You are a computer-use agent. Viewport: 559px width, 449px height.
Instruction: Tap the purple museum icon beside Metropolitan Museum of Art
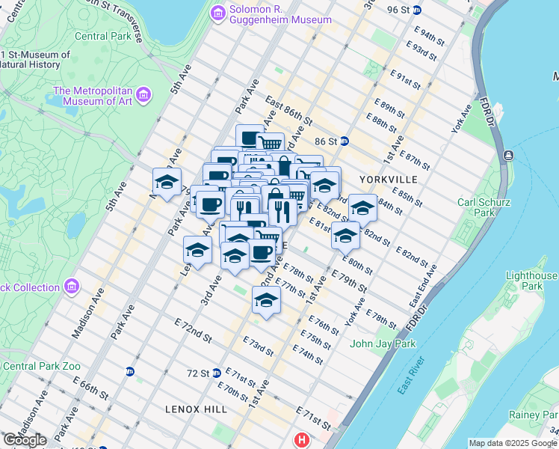(143, 94)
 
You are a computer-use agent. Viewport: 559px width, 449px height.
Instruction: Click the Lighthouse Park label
(531, 281)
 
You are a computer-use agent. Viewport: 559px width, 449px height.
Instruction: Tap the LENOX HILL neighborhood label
(191, 409)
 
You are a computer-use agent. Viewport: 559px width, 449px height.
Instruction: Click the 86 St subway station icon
(344, 141)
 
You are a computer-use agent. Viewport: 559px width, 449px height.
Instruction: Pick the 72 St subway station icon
(216, 372)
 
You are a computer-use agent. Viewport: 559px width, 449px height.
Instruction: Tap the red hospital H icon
(302, 440)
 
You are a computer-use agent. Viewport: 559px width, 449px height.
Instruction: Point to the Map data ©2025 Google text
(512, 443)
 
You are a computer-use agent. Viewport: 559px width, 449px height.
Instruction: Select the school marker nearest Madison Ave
(167, 181)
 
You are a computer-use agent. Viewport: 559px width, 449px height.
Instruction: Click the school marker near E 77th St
(266, 300)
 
